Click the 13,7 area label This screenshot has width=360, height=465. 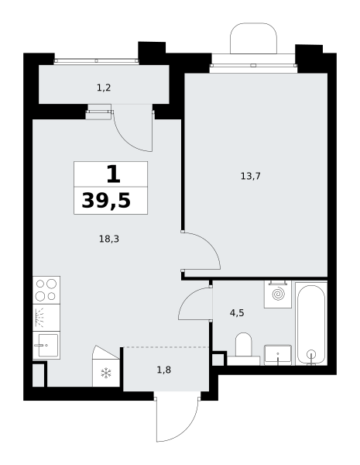coord(250,177)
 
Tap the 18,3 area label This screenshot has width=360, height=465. coord(109,239)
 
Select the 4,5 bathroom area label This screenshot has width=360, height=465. coord(237,313)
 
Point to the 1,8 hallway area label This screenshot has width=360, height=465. coord(164,370)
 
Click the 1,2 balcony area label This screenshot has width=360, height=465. coord(104,88)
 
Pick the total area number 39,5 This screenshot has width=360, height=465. coord(106,201)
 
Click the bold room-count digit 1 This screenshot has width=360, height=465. coord(113,174)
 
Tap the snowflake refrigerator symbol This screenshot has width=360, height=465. coord(106,373)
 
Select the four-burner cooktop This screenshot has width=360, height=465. coord(46,290)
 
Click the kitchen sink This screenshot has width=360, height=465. coord(46,345)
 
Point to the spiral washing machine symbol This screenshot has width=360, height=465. coord(278,294)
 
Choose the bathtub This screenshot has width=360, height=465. coord(311,324)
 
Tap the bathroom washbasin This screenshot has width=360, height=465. coord(278,355)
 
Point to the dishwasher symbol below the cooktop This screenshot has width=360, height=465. coord(46,318)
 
